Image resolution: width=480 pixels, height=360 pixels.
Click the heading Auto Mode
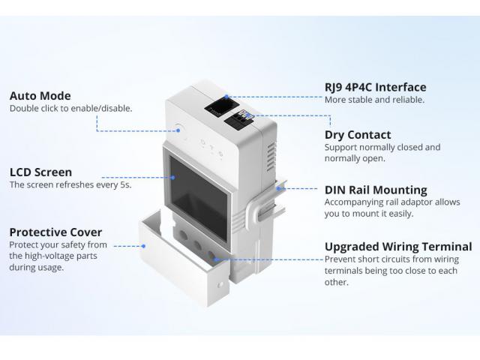pos(40,96)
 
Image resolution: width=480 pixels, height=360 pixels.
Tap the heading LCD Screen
pos(40,172)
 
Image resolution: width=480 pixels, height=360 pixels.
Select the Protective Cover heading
pos(55,232)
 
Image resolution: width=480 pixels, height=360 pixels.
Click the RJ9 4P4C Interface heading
pos(375,87)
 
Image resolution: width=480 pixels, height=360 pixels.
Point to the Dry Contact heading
pos(358,135)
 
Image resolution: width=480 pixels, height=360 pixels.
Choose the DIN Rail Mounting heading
pos(376,190)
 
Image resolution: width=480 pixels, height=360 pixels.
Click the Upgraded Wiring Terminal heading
pos(398,247)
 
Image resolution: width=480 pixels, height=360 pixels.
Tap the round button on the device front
pos(179,128)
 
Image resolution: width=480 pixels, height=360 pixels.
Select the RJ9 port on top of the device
pos(222,107)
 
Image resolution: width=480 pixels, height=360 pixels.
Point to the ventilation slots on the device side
pos(271,157)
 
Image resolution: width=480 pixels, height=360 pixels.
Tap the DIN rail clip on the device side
pos(266,200)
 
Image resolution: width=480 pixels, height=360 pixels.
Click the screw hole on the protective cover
pos(220,285)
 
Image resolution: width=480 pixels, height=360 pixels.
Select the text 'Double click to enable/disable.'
pos(70,108)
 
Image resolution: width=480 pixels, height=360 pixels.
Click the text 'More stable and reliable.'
pos(374,100)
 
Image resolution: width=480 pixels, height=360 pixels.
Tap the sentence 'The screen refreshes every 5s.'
pos(70,184)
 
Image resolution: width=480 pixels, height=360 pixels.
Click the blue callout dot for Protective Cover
pos(143,246)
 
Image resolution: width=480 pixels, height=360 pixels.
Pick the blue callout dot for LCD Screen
pos(173,177)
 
